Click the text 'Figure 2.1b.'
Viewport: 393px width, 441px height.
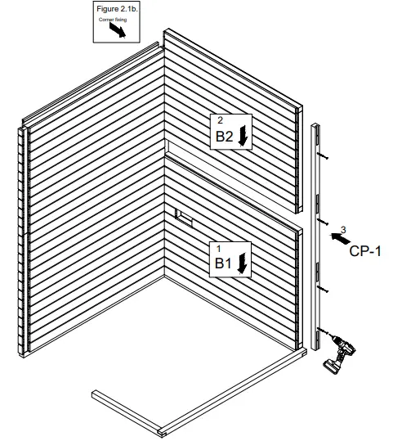(114, 8)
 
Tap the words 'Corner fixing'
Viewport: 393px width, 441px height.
(114, 18)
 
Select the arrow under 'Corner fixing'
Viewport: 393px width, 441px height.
(118, 30)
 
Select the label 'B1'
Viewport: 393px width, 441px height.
(224, 263)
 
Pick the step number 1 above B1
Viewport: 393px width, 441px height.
(219, 246)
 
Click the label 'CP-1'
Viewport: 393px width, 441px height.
(366, 251)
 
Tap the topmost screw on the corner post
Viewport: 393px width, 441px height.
(324, 156)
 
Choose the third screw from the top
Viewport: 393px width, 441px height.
(324, 290)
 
